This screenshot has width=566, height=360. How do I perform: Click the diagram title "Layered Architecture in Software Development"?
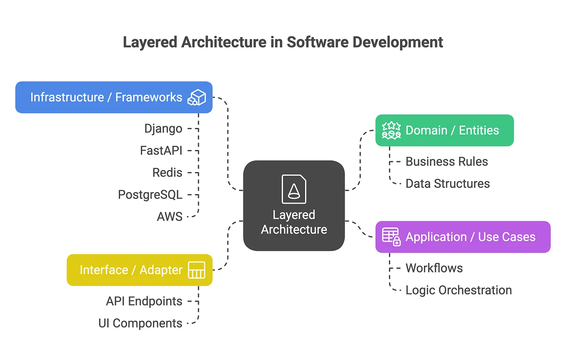tap(283, 42)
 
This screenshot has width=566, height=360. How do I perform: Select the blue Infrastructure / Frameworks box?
tap(113, 97)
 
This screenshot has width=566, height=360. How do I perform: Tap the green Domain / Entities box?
tap(444, 130)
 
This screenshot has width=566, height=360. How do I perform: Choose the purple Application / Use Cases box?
tap(463, 237)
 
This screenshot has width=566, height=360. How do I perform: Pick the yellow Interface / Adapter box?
tap(139, 270)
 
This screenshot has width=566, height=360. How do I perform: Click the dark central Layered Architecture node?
tap(294, 206)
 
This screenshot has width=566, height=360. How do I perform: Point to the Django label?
tap(163, 128)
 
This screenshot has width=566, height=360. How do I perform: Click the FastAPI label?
tap(161, 150)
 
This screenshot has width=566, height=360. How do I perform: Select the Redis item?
tap(167, 172)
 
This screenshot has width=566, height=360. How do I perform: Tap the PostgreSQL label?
tap(150, 195)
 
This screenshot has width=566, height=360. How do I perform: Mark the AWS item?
tap(170, 217)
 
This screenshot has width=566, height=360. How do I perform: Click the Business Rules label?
tap(446, 162)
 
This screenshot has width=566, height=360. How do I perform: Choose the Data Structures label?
tap(448, 184)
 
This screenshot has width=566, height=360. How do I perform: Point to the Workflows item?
tap(434, 268)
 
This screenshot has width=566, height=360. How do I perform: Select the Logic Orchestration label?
tap(458, 290)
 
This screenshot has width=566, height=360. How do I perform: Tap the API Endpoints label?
tap(144, 301)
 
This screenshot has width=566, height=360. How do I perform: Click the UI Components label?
tap(140, 323)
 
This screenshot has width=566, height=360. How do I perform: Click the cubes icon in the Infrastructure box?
tap(197, 97)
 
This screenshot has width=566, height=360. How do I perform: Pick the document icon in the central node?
tap(294, 189)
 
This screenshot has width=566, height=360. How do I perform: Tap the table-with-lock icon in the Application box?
tap(391, 237)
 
